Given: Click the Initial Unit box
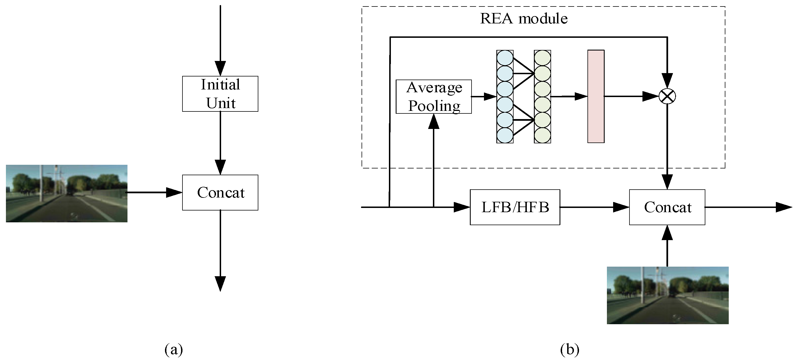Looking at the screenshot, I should point(220,94).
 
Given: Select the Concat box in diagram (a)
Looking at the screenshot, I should point(220,192).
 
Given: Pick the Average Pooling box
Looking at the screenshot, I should point(433,96).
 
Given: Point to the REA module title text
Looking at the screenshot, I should point(523,19).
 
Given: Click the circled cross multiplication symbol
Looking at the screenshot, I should point(667,96).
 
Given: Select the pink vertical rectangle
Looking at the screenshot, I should point(596,96).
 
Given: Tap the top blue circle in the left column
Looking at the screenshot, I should point(505,58).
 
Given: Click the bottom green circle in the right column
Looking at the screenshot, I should point(542,135).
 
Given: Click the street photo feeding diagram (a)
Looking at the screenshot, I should point(67,193).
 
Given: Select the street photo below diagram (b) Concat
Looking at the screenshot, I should point(667,295).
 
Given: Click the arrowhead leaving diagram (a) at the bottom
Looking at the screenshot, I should point(220,284).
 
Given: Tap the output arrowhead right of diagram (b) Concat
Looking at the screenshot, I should point(784,207).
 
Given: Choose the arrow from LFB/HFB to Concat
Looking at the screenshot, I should point(594,207).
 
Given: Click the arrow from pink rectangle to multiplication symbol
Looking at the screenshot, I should point(631,96).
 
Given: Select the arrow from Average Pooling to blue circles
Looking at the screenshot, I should point(484,96).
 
